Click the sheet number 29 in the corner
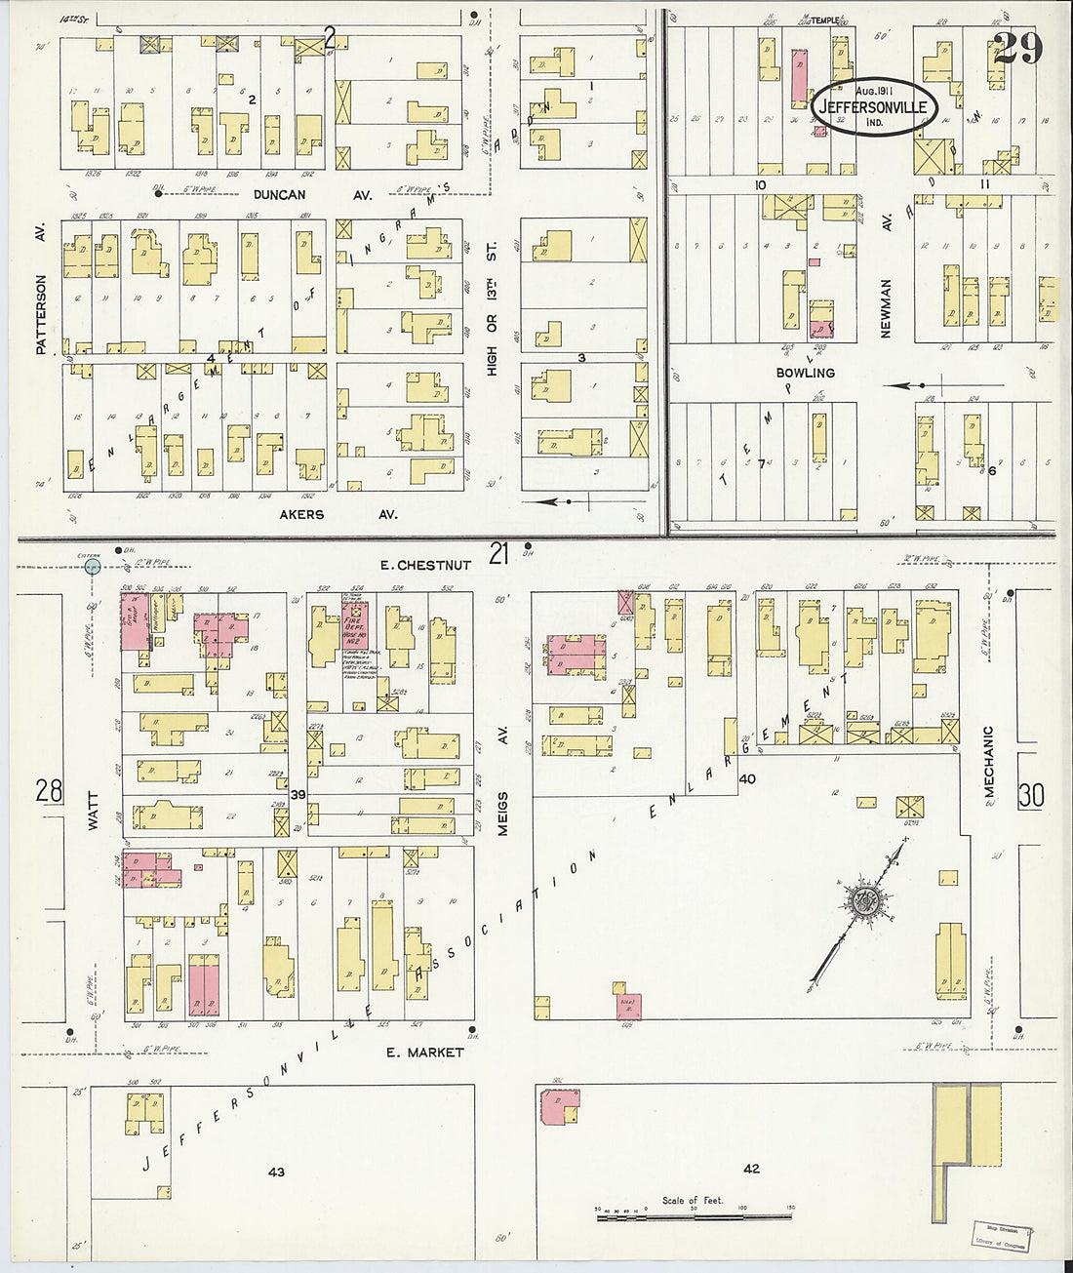click(1017, 48)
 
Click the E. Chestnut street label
click(426, 565)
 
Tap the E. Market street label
click(424, 1053)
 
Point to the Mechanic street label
click(988, 766)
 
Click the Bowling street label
click(805, 373)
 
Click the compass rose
click(863, 902)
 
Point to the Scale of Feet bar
click(694, 1215)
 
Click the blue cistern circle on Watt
click(92, 566)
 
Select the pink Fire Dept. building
click(355, 632)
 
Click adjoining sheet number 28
click(49, 790)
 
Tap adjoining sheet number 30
click(1031, 795)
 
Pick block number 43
click(276, 1172)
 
